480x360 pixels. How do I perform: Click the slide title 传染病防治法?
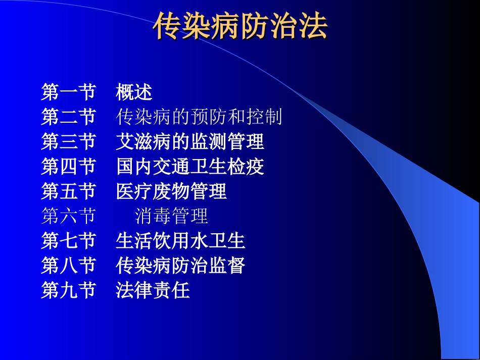coord(241,26)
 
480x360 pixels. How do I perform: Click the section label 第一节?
coord(68,92)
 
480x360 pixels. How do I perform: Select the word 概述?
coord(134,92)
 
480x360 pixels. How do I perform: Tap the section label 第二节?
coord(68,117)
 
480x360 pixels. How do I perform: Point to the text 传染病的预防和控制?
coord(199,117)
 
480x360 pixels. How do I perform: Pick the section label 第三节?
coord(68,142)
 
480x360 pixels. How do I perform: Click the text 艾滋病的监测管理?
coord(190,142)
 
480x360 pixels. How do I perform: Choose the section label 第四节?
coord(68,167)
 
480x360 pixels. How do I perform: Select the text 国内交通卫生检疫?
coord(190,167)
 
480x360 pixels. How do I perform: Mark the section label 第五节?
coord(68,191)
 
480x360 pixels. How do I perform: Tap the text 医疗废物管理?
coord(171,191)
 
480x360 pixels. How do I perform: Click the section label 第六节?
coord(68,216)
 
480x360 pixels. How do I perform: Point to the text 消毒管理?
coord(172,216)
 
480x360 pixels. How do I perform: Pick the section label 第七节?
coord(68,241)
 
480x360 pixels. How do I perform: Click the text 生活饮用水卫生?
coord(180,241)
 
